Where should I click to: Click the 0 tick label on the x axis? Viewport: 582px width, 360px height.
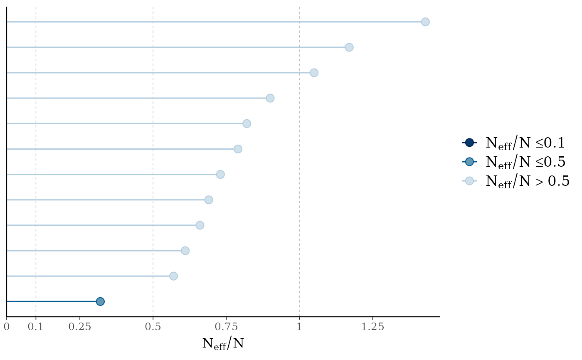[x=7, y=327]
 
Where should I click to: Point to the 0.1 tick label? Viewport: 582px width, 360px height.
[x=36, y=327]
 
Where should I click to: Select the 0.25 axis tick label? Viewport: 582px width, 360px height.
[x=79, y=327]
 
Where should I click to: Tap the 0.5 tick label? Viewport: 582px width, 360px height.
[x=153, y=327]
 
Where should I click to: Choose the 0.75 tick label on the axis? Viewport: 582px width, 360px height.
[x=226, y=327]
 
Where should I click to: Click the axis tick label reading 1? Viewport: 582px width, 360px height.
[x=299, y=327]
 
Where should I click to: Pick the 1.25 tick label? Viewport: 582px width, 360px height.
[x=372, y=327]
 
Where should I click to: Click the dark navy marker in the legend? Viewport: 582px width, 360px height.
[x=469, y=143]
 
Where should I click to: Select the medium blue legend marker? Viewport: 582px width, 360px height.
[x=469, y=162]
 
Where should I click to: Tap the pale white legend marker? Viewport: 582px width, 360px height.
[x=469, y=181]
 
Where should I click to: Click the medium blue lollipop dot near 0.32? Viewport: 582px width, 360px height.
[x=100, y=301]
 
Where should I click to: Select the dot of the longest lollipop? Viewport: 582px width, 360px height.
[x=425, y=22]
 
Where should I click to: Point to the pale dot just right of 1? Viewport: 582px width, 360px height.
[x=314, y=73]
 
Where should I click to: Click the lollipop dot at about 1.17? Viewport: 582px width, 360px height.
[x=349, y=47]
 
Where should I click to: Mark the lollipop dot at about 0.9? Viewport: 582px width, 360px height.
[x=270, y=98]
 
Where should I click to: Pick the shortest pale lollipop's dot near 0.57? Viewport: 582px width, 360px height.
[x=173, y=276]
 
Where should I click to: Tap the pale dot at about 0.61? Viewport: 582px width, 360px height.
[x=185, y=251]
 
